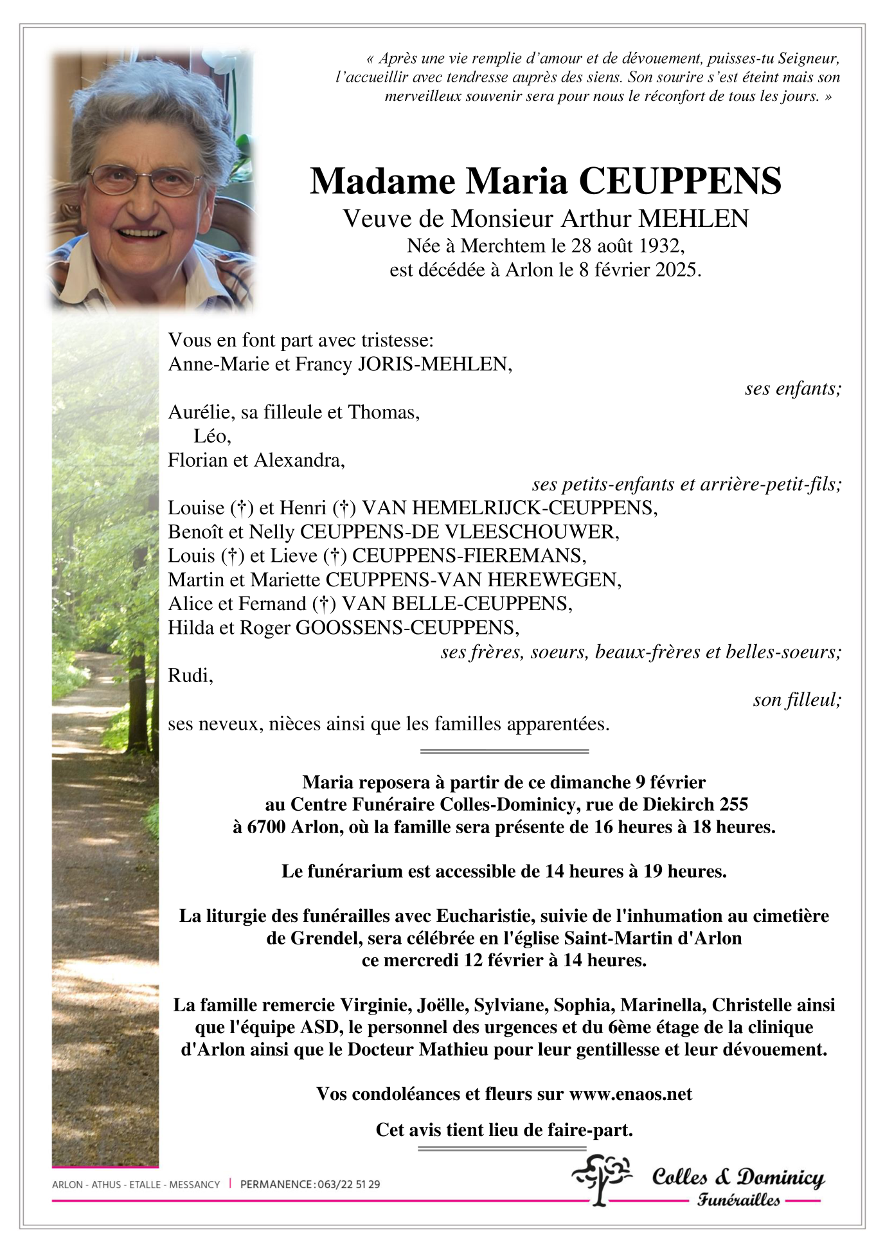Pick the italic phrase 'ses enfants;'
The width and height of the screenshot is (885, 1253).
click(x=792, y=388)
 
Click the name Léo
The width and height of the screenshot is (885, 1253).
click(x=211, y=437)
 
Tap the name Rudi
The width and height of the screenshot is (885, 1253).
click(x=190, y=676)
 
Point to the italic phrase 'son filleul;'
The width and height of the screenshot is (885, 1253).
click(x=797, y=699)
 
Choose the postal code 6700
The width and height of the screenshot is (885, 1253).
click(x=267, y=827)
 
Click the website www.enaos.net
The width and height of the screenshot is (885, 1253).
click(x=630, y=1094)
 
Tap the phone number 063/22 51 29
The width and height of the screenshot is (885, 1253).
click(x=348, y=1184)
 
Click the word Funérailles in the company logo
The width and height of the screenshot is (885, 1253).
click(x=738, y=1200)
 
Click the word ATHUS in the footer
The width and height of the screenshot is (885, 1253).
click(x=106, y=1184)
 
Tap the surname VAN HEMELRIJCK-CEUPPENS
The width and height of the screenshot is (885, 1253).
click(x=509, y=508)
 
